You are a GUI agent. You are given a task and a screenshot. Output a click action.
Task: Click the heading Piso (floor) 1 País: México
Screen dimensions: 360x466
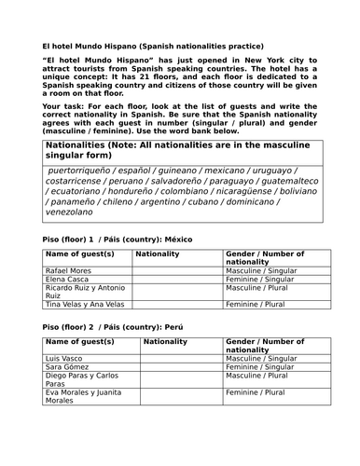118,239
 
